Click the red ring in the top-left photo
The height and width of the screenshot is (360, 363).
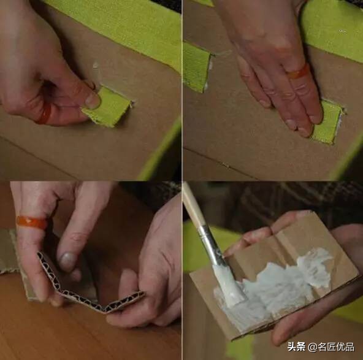[44, 113]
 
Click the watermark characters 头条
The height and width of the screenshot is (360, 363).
[297, 347]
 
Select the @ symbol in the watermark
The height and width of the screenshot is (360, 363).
[313, 347]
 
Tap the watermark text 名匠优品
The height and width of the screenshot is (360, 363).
[337, 347]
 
